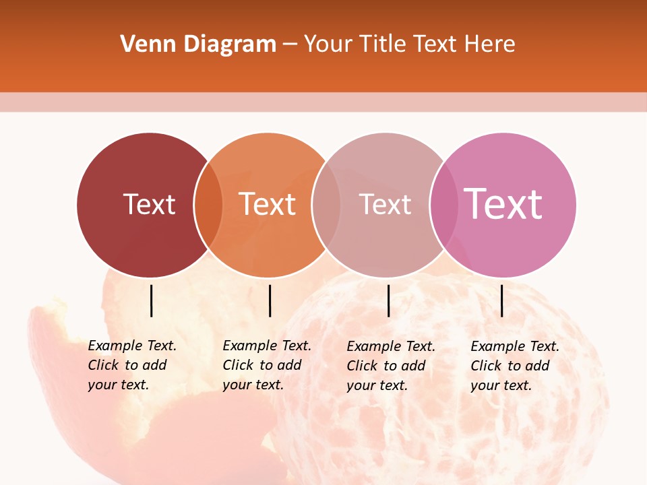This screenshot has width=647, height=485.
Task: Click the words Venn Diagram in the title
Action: (x=198, y=44)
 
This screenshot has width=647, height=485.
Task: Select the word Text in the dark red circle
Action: (x=149, y=204)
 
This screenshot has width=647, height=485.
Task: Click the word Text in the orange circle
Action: (x=268, y=204)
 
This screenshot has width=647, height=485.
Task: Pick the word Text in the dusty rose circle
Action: (x=385, y=204)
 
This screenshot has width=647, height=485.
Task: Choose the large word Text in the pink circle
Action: (x=503, y=203)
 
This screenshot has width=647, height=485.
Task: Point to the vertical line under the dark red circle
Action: (x=151, y=300)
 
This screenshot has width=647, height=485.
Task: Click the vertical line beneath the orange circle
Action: (x=270, y=300)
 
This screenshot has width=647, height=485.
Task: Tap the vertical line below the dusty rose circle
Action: (x=388, y=300)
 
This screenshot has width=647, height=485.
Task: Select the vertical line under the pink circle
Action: (x=501, y=300)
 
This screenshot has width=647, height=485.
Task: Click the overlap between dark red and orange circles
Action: (x=209, y=205)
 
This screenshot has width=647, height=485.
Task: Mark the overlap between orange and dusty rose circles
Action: (x=326, y=205)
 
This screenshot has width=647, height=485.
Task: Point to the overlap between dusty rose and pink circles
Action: (x=443, y=205)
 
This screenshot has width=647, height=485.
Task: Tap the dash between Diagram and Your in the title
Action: (x=290, y=44)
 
